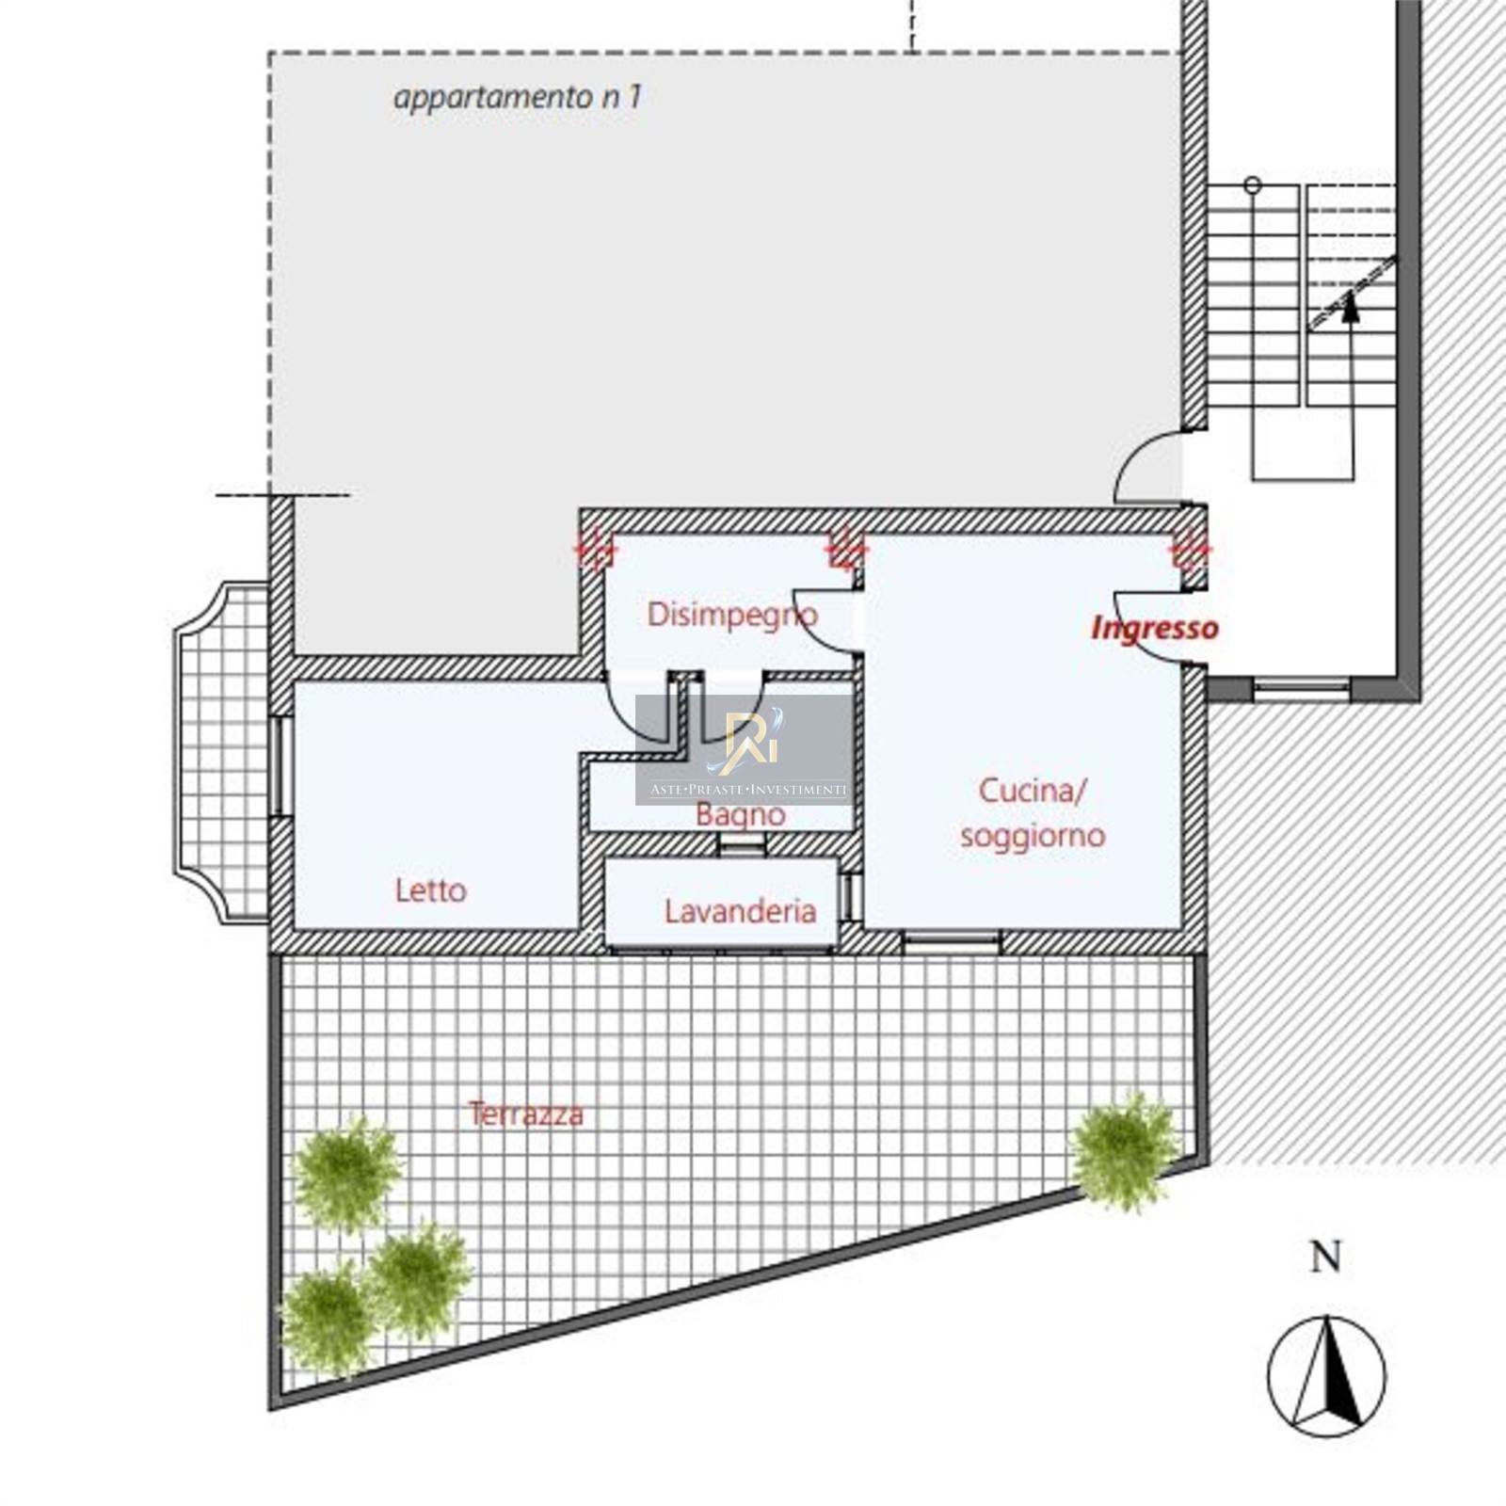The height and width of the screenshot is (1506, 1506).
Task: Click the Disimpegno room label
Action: click(x=732, y=616)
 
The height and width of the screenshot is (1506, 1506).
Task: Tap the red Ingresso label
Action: click(x=1155, y=628)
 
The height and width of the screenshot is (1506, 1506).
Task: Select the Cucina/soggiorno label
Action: click(x=1033, y=812)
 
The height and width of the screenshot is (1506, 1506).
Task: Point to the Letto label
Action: click(x=430, y=889)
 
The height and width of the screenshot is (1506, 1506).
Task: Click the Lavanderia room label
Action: click(x=740, y=910)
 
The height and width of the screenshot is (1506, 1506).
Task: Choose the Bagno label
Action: click(x=741, y=814)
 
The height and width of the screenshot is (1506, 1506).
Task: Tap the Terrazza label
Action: click(x=526, y=1114)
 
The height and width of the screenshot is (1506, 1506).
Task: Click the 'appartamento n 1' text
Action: click(x=517, y=97)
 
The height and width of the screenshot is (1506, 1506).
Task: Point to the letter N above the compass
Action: click(x=1326, y=1258)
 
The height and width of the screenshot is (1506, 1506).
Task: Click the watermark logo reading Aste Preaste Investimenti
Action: click(x=744, y=750)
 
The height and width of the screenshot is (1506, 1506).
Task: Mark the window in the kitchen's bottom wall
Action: click(x=952, y=939)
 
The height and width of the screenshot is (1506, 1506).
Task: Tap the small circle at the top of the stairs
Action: click(x=1252, y=184)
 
